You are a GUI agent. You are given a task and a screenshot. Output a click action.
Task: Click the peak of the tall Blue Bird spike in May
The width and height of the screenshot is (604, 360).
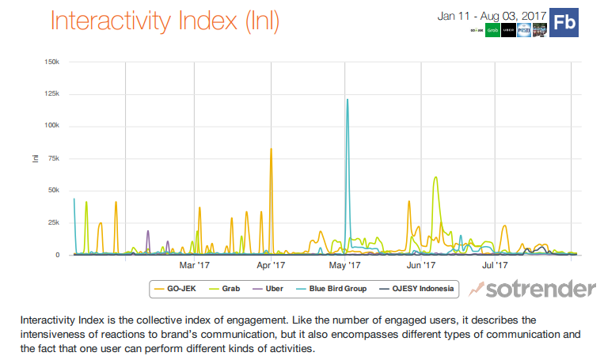pyautogui.click(x=347, y=100)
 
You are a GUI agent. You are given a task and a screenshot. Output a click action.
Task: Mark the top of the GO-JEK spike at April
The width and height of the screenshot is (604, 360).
pyautogui.click(x=271, y=149)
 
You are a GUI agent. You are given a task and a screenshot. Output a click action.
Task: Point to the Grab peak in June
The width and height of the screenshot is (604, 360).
pyautogui.click(x=435, y=177)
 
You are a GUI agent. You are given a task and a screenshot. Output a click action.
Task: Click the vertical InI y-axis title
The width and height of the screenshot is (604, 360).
pyautogui.click(x=35, y=158)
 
